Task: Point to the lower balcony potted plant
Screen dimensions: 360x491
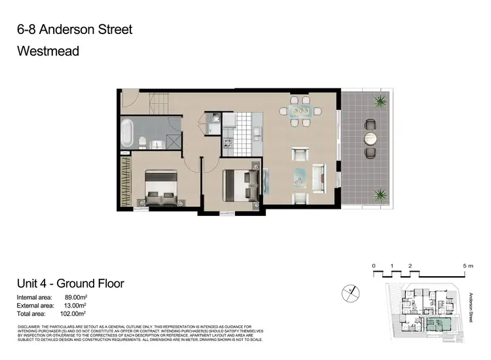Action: tap(379, 194)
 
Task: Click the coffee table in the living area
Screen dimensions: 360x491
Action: tap(300, 175)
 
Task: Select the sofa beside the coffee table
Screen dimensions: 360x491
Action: tap(319, 175)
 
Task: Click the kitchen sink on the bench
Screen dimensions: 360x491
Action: tap(213, 120)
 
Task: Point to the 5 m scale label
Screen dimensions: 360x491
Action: tap(467, 266)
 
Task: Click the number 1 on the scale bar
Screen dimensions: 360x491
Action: tap(391, 266)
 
